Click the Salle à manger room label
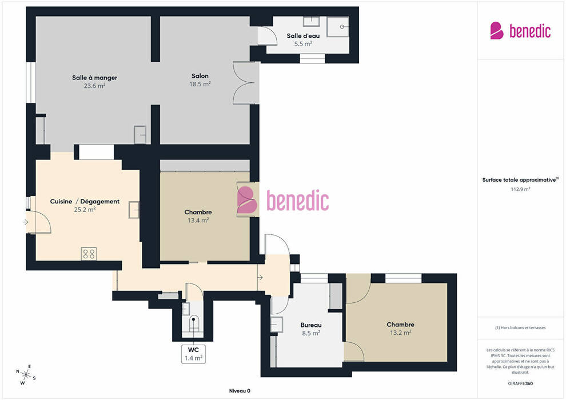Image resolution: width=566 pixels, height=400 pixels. [x=94, y=78]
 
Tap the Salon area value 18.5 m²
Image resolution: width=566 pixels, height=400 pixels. [x=200, y=84]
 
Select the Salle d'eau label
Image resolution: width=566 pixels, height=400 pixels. [x=303, y=35]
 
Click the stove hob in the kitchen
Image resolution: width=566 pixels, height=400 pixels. [x=89, y=254]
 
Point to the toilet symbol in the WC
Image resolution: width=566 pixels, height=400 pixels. [x=194, y=323]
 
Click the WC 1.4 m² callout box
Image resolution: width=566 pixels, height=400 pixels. [x=193, y=354]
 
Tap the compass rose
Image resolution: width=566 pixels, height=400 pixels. [x=26, y=375]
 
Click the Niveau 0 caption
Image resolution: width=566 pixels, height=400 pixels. [x=240, y=391]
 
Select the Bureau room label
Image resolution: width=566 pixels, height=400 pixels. [x=311, y=325]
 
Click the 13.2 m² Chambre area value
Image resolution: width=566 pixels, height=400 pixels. [x=400, y=333]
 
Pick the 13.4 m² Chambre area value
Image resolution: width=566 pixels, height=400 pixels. [x=198, y=220]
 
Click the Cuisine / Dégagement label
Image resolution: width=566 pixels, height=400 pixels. [x=85, y=201]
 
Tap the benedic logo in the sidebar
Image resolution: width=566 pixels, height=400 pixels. [x=520, y=30]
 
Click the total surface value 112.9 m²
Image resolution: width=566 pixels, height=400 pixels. [x=520, y=189]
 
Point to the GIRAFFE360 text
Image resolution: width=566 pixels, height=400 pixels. [x=520, y=383]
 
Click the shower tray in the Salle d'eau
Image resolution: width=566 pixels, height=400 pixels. [x=338, y=26]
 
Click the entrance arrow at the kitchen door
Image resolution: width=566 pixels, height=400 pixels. [x=25, y=222]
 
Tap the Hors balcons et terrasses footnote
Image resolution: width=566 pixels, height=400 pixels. [x=520, y=328]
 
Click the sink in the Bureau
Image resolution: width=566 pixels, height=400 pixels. [x=277, y=324]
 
